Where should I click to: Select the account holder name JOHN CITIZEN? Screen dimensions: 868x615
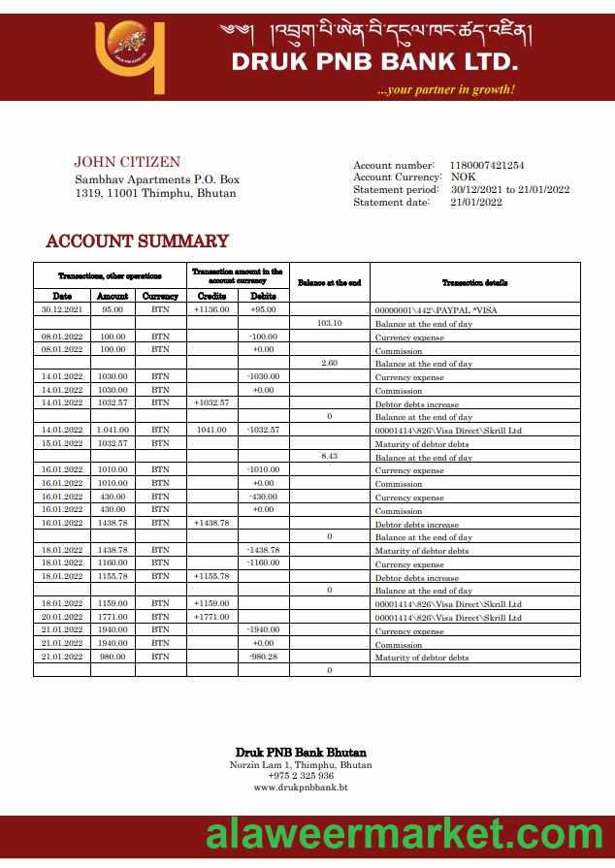coord(127,163)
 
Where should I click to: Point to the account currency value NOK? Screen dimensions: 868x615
coord(464,177)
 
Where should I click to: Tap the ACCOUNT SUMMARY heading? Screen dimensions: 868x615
coord(137,241)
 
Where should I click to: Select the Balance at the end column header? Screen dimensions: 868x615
coord(330,282)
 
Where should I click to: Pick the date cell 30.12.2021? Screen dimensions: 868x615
coord(62,309)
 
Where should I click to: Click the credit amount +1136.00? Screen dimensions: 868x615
coord(211,309)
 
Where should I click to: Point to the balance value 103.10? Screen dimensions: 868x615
coord(330,323)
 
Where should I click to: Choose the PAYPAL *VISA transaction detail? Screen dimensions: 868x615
coord(436,310)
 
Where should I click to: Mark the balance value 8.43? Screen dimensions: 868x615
coord(330,456)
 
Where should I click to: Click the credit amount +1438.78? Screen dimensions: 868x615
coord(211,523)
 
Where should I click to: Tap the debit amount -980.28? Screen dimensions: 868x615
coord(263,657)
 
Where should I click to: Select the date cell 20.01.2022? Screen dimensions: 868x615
coord(62,616)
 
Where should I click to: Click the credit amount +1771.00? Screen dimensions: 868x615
coord(211,616)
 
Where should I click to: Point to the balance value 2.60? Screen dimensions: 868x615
coord(330,363)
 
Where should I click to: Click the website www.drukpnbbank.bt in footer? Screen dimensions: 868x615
coord(301,788)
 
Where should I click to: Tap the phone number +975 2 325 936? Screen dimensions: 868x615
coord(301,776)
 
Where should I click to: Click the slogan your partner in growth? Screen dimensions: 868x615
coord(446,90)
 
